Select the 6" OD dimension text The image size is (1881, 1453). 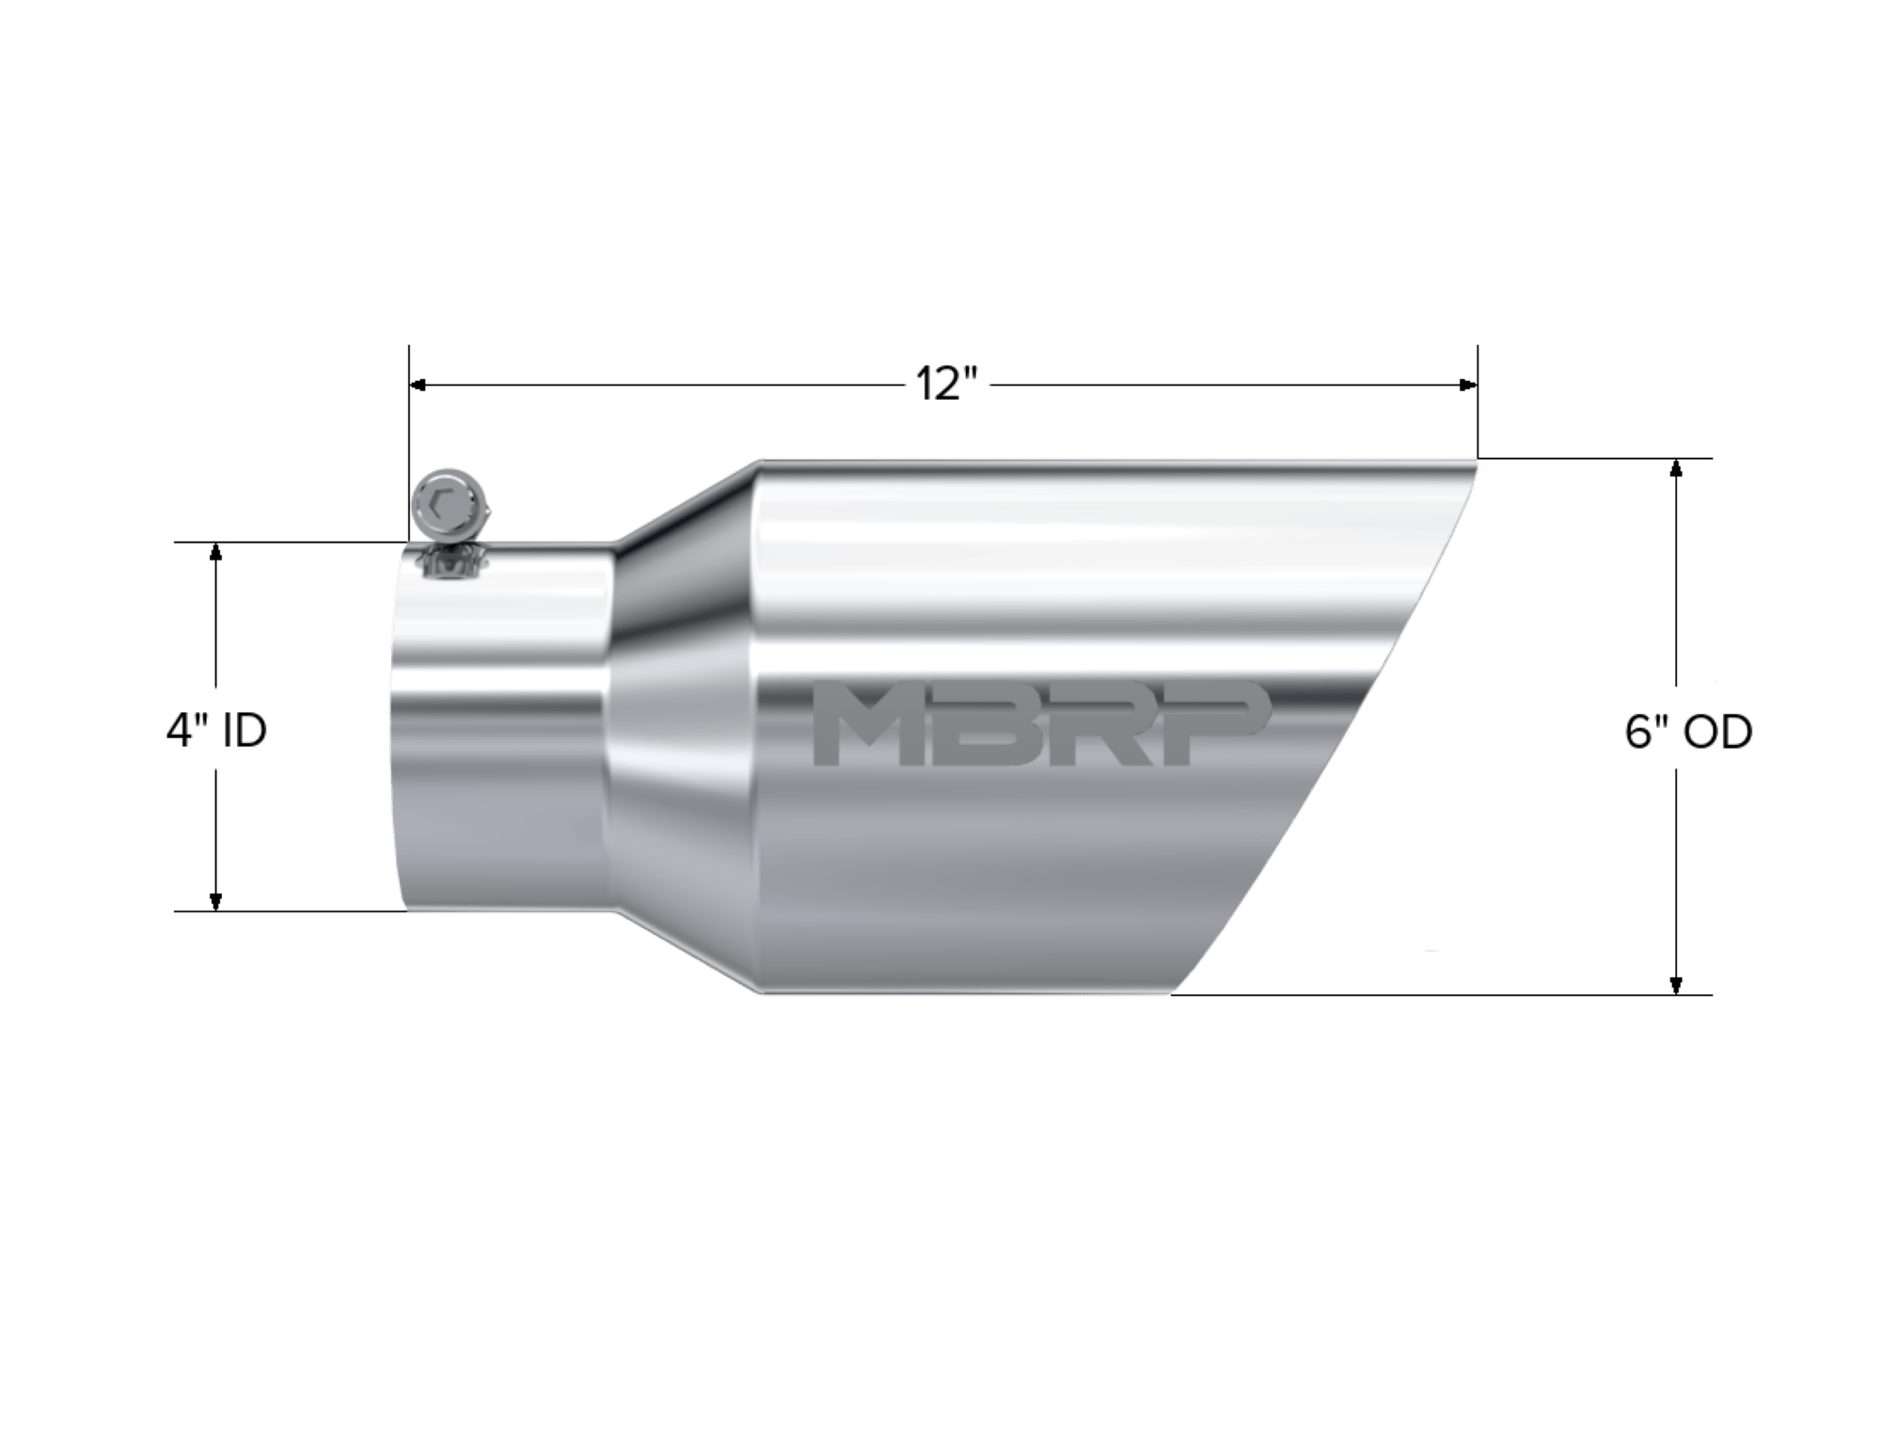click(x=1688, y=732)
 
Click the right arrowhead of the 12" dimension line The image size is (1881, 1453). click(x=1466, y=385)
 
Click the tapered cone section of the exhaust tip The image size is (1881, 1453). click(x=682, y=724)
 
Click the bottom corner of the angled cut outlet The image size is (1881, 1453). click(x=1171, y=992)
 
